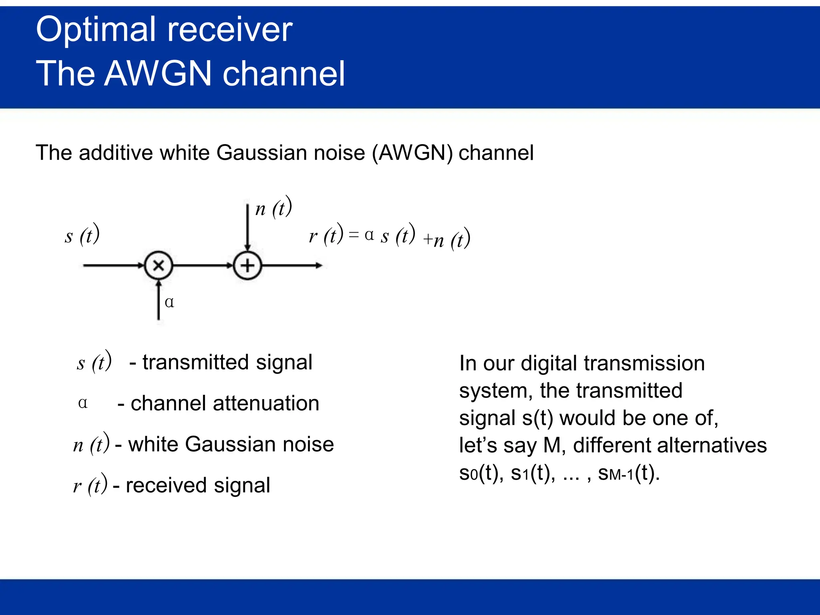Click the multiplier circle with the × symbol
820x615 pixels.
pyautogui.click(x=159, y=265)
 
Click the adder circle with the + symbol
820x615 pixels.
pyautogui.click(x=247, y=265)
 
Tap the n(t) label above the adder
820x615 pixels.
pyautogui.click(x=273, y=208)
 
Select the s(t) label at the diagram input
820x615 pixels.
pyautogui.click(x=82, y=235)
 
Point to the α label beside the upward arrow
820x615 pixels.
pyautogui.click(x=169, y=302)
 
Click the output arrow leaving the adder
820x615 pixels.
pyautogui.click(x=292, y=265)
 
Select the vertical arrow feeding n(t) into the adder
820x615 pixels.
pyautogui.click(x=247, y=226)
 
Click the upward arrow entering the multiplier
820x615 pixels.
pyautogui.click(x=159, y=300)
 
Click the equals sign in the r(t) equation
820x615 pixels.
pyautogui.click(x=354, y=235)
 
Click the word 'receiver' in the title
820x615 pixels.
pyautogui.click(x=230, y=30)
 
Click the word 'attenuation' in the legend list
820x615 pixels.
pyautogui.click(x=266, y=403)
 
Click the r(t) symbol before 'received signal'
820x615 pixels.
pyautogui.click(x=90, y=485)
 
